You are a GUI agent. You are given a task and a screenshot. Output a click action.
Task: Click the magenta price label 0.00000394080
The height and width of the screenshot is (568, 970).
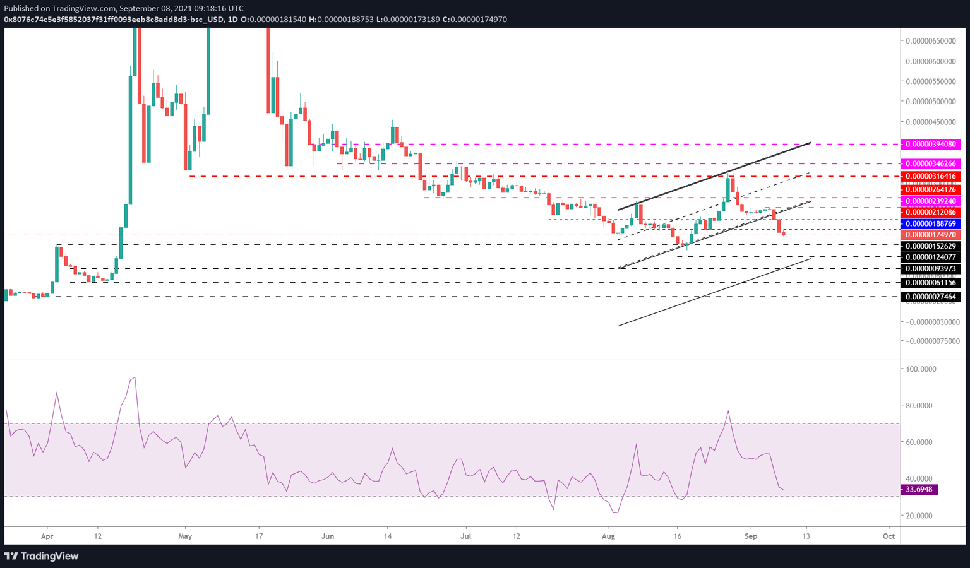click(930, 145)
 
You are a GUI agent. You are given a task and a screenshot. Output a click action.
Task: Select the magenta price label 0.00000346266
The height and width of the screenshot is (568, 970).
click(930, 164)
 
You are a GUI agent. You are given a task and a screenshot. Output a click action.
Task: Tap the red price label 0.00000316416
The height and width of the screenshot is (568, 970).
click(930, 177)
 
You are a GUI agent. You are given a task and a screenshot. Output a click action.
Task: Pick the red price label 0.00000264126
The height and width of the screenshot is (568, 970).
click(930, 190)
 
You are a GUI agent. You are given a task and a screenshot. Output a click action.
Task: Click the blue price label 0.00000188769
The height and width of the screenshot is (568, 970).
click(930, 224)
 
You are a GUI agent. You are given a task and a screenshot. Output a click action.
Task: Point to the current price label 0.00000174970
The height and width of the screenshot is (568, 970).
click(930, 235)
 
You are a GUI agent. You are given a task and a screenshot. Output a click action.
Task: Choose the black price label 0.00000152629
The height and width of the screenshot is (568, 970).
click(930, 246)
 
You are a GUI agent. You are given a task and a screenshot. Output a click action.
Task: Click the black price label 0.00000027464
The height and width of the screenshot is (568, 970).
click(930, 297)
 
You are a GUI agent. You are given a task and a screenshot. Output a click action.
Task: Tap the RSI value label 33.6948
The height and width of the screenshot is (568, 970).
click(919, 490)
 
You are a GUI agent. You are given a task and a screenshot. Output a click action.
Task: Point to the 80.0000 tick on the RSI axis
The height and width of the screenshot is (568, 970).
click(919, 406)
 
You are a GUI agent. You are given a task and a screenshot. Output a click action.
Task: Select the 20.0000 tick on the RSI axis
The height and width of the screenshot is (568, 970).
click(919, 516)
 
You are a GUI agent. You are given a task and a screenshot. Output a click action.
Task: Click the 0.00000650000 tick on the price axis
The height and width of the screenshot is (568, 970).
click(930, 41)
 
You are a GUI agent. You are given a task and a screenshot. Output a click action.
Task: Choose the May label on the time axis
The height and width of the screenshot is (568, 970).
click(185, 536)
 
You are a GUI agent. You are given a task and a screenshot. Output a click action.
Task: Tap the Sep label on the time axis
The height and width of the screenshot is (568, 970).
click(750, 536)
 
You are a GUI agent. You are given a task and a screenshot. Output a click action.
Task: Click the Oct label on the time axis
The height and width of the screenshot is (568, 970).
click(889, 536)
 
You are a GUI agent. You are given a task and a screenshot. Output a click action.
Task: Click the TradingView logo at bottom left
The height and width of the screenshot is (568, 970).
click(42, 556)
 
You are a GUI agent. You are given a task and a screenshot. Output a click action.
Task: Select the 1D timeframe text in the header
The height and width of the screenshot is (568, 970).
click(232, 20)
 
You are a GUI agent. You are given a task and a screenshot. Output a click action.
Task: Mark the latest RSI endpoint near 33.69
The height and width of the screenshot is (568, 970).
click(784, 490)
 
